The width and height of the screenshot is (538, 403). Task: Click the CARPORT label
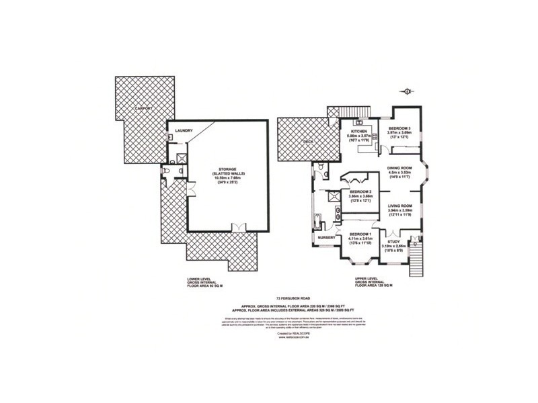point(143,108)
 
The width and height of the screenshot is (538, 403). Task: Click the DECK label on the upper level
point(309,142)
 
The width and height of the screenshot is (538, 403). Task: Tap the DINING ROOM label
point(400,169)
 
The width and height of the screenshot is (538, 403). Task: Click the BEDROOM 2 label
point(362,191)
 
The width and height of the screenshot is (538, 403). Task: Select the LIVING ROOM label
point(400,206)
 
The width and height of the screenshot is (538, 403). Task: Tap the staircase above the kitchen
point(349,111)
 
